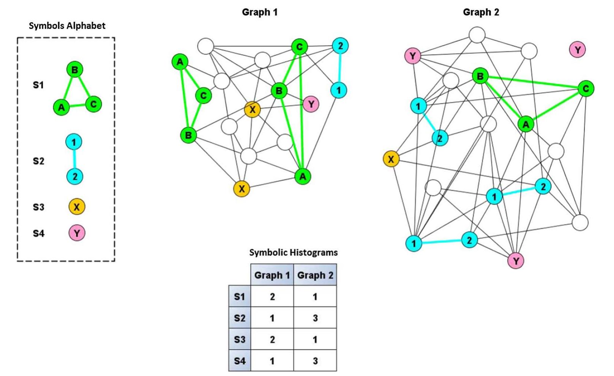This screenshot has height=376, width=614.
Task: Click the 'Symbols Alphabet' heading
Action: pyautogui.click(x=67, y=26)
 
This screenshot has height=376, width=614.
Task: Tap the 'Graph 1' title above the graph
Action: pyautogui.click(x=260, y=12)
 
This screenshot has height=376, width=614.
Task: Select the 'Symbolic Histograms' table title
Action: pyautogui.click(x=293, y=252)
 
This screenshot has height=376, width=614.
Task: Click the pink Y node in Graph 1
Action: pyautogui.click(x=311, y=104)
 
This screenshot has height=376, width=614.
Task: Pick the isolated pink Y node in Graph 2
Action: pyautogui.click(x=577, y=50)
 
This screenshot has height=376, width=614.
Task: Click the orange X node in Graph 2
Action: pyautogui.click(x=391, y=159)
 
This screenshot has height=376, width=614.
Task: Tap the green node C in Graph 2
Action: pyautogui.click(x=586, y=88)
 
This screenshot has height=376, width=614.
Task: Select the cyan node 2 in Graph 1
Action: pyautogui.click(x=340, y=46)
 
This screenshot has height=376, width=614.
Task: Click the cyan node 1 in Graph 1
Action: pyautogui.click(x=339, y=90)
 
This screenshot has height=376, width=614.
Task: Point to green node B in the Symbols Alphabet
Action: pyautogui.click(x=74, y=70)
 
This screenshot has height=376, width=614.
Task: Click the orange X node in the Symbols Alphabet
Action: pyautogui.click(x=77, y=207)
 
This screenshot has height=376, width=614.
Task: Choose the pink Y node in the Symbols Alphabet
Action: pyautogui.click(x=77, y=233)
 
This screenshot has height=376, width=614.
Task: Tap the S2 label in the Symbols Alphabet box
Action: pyautogui.click(x=38, y=161)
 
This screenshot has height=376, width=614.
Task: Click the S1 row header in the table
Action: pyautogui.click(x=240, y=296)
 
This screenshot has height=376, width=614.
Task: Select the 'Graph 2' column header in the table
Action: pyautogui.click(x=315, y=275)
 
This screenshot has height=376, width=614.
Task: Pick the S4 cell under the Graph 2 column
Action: pyautogui.click(x=315, y=360)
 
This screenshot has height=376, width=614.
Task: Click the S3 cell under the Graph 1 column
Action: pyautogui.click(x=272, y=339)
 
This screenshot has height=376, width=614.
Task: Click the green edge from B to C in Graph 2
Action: pyautogui.click(x=533, y=82)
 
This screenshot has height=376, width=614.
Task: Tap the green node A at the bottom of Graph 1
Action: pyautogui.click(x=302, y=176)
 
